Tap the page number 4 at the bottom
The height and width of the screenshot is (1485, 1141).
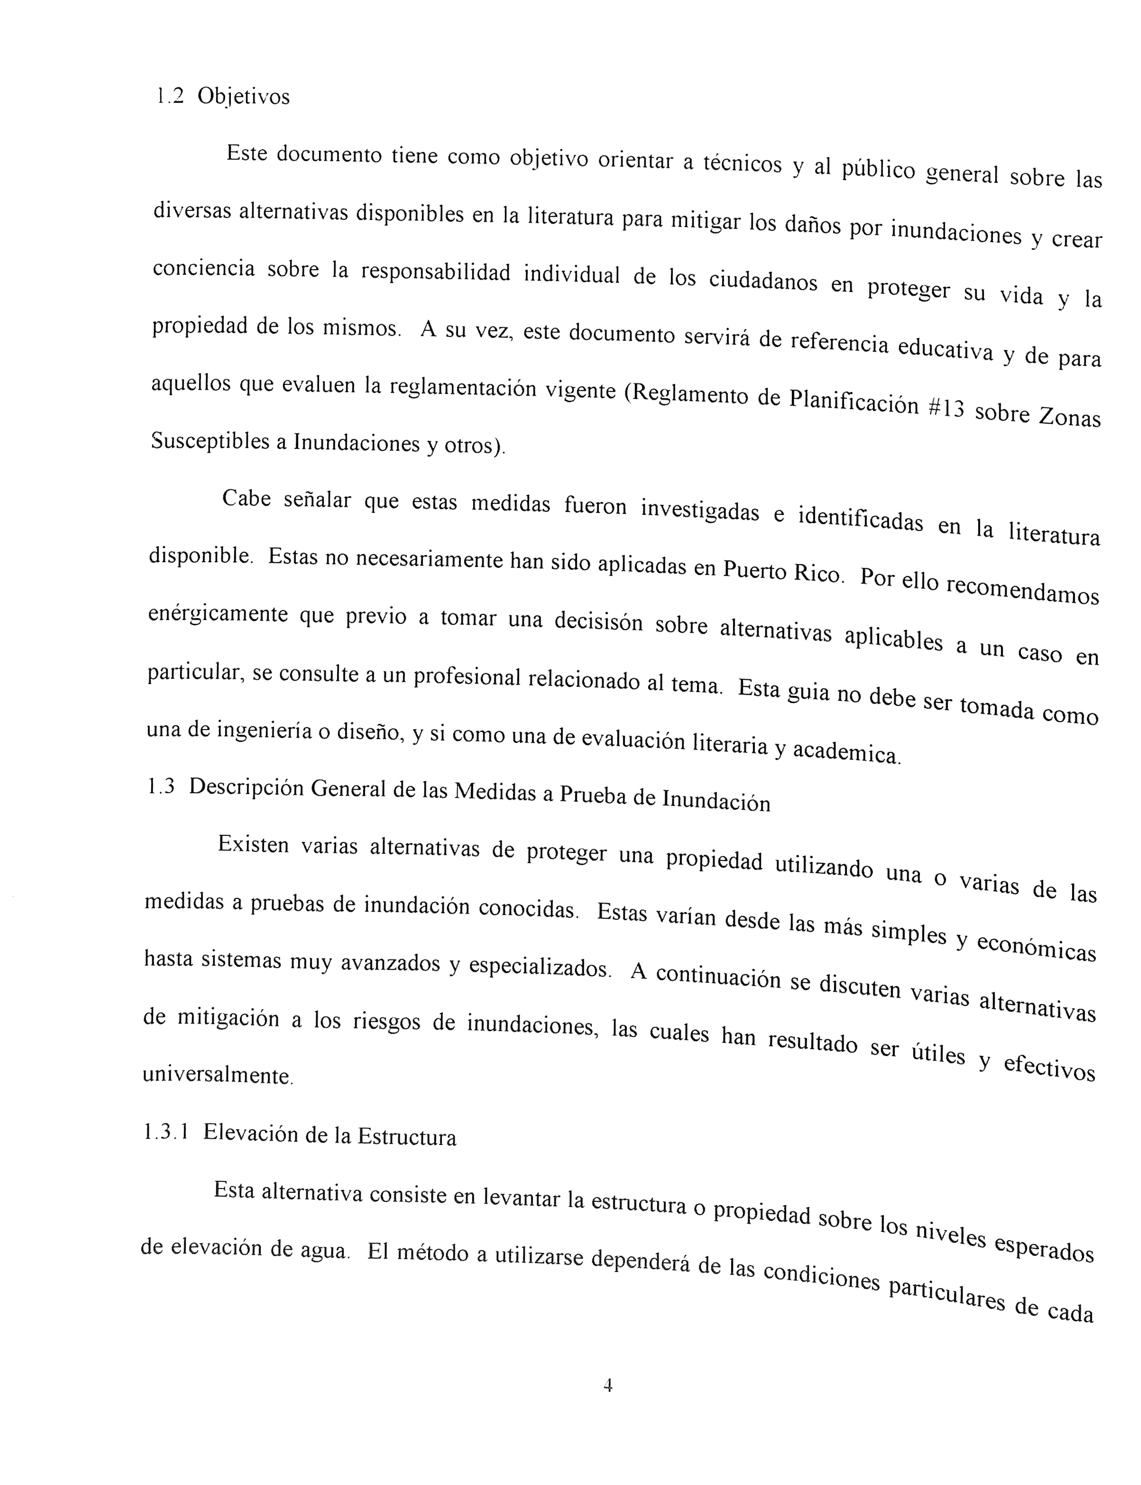tap(608, 1385)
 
